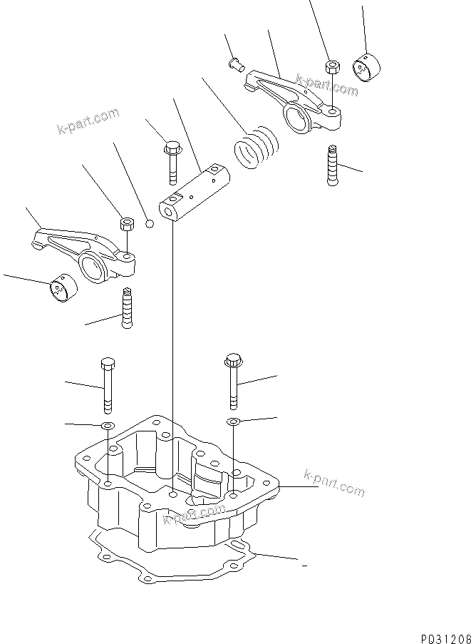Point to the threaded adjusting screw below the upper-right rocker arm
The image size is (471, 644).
(x=332, y=165)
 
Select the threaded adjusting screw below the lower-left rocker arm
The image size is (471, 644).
(x=128, y=307)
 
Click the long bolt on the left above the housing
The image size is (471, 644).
(x=108, y=384)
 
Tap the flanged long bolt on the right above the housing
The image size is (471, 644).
(x=233, y=379)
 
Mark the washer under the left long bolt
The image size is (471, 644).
(x=107, y=426)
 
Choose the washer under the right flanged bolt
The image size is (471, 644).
(x=233, y=422)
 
